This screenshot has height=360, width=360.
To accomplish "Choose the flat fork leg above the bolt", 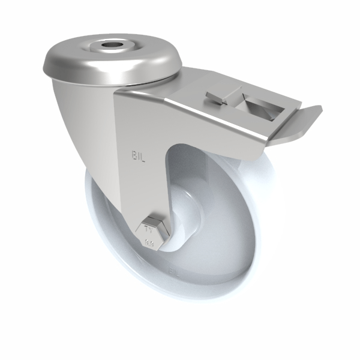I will [141, 186].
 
